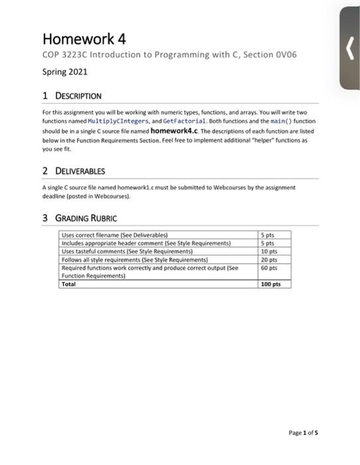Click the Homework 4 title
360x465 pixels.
[x=83, y=38]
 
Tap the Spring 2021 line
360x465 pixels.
[x=64, y=71]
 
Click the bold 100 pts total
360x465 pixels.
[x=271, y=284]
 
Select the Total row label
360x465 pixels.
[x=68, y=284]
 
